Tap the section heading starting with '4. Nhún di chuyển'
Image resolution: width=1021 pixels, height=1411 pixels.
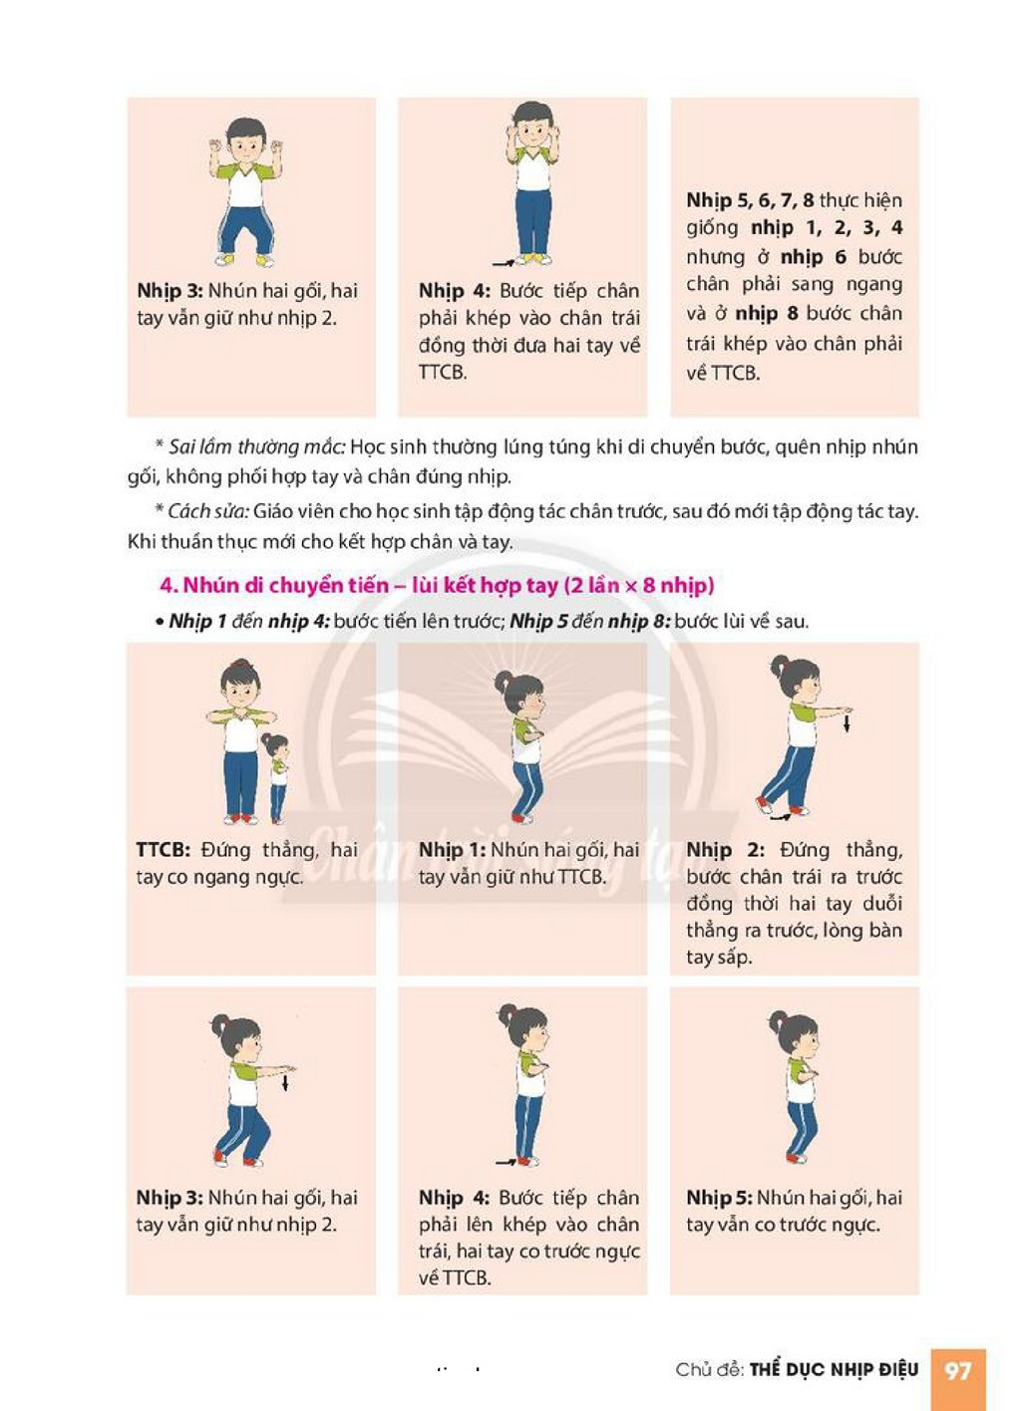click(437, 586)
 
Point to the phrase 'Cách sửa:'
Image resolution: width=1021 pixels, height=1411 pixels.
click(208, 511)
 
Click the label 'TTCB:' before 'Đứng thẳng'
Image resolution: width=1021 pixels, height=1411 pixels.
click(164, 850)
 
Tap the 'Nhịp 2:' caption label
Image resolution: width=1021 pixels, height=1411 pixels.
click(725, 850)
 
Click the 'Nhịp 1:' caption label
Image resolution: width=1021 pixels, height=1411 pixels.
click(452, 850)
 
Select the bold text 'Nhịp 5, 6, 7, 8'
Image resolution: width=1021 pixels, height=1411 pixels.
click(750, 200)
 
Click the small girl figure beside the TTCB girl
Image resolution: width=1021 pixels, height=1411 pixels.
click(276, 778)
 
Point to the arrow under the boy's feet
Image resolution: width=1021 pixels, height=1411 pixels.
click(505, 261)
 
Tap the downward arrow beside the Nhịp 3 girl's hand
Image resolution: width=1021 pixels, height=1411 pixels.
click(285, 1082)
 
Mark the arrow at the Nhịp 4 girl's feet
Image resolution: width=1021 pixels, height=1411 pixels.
click(507, 1161)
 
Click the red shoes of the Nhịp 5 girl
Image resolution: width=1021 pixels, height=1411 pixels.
click(797, 1158)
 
